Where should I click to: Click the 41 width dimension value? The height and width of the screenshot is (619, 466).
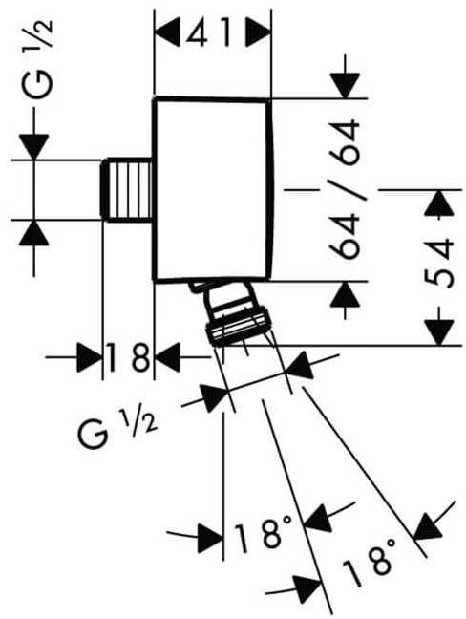(x=208, y=32)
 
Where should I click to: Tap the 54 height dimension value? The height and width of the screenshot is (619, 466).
(x=438, y=263)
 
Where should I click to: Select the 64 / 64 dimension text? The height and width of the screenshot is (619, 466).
(x=345, y=190)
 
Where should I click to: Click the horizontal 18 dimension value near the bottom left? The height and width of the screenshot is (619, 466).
(x=128, y=357)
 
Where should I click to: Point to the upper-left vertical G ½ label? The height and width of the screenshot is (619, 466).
(x=37, y=59)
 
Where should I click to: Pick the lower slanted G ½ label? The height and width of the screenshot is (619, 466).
(x=118, y=429)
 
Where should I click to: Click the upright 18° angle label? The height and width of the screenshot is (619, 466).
(x=263, y=535)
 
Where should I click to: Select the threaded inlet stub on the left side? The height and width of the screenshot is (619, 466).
(x=126, y=190)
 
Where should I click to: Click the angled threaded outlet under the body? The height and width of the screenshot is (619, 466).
(x=233, y=311)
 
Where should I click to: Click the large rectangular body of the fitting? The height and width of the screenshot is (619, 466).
(x=213, y=189)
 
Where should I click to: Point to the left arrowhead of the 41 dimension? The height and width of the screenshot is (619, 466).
(x=168, y=32)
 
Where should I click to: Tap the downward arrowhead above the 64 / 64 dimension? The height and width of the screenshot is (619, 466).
(x=346, y=85)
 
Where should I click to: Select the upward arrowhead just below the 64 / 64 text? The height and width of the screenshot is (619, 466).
(x=346, y=294)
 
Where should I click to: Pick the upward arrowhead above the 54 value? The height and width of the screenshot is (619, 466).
(x=438, y=203)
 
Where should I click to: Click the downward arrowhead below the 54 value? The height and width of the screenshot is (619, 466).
(x=438, y=332)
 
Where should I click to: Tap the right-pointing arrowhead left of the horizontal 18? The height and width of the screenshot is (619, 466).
(x=90, y=357)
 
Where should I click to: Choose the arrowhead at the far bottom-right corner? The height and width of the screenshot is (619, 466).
(x=428, y=526)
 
